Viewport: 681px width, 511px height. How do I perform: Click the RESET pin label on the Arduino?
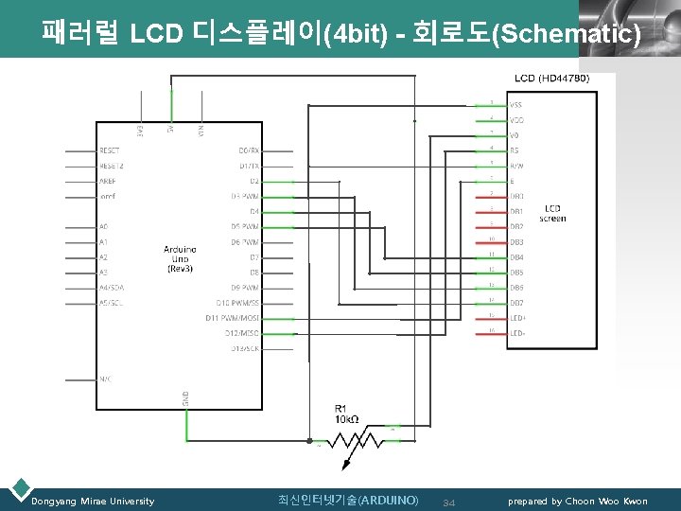111,150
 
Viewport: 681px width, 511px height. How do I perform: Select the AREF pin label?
109,181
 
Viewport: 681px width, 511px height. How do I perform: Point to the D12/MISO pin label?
242,333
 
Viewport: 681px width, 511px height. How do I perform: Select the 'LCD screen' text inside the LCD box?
552,214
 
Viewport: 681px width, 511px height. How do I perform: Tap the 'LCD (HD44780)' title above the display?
552,78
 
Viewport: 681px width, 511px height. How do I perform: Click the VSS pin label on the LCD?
516,105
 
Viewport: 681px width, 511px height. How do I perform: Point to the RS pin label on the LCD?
515,150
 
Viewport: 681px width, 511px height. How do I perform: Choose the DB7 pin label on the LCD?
516,303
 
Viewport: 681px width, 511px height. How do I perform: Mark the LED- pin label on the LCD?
517,333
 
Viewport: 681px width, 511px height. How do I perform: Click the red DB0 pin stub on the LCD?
490,196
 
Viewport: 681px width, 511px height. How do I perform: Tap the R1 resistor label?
341,407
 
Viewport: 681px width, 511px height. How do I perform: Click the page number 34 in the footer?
449,502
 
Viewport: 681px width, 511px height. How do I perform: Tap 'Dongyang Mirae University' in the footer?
93,501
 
